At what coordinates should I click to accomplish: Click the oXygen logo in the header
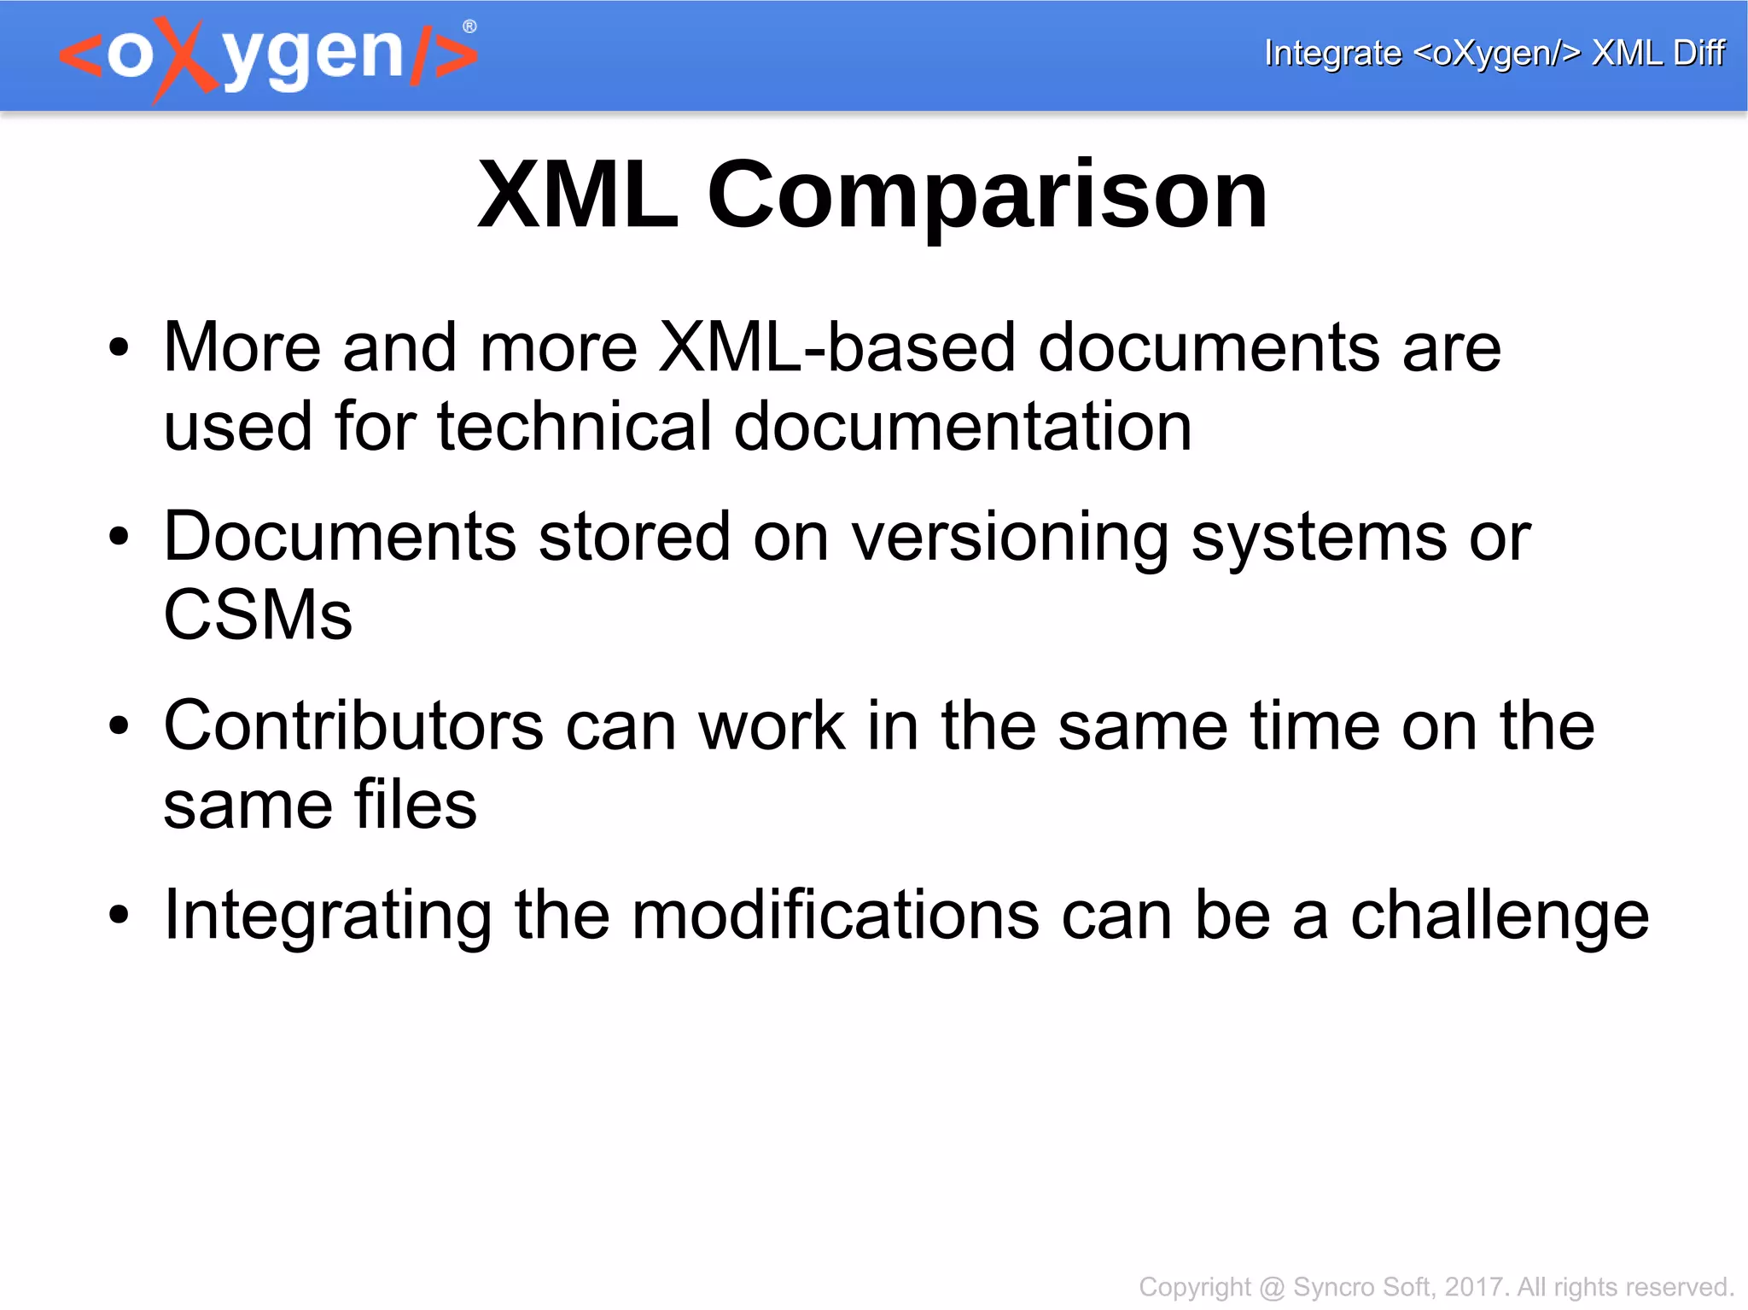[268, 56]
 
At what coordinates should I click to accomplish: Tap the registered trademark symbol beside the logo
[469, 27]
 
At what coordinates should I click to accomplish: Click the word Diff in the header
[1698, 53]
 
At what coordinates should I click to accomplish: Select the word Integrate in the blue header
[1331, 53]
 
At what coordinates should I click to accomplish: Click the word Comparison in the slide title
[988, 195]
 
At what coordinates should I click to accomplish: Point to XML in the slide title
[578, 195]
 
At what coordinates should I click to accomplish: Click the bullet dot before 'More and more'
[119, 348]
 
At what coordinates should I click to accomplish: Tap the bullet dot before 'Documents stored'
[119, 538]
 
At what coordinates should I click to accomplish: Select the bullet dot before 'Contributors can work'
[119, 727]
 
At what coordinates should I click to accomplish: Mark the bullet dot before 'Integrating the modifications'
[119, 916]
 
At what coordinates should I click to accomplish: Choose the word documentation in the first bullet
[962, 426]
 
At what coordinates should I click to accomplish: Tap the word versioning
[1010, 537]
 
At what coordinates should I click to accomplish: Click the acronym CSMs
[258, 615]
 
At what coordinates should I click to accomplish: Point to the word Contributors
[353, 726]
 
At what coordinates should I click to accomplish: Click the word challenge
[1499, 916]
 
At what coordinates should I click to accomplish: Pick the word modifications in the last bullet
[836, 916]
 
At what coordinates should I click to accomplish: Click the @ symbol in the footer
[1272, 1287]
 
